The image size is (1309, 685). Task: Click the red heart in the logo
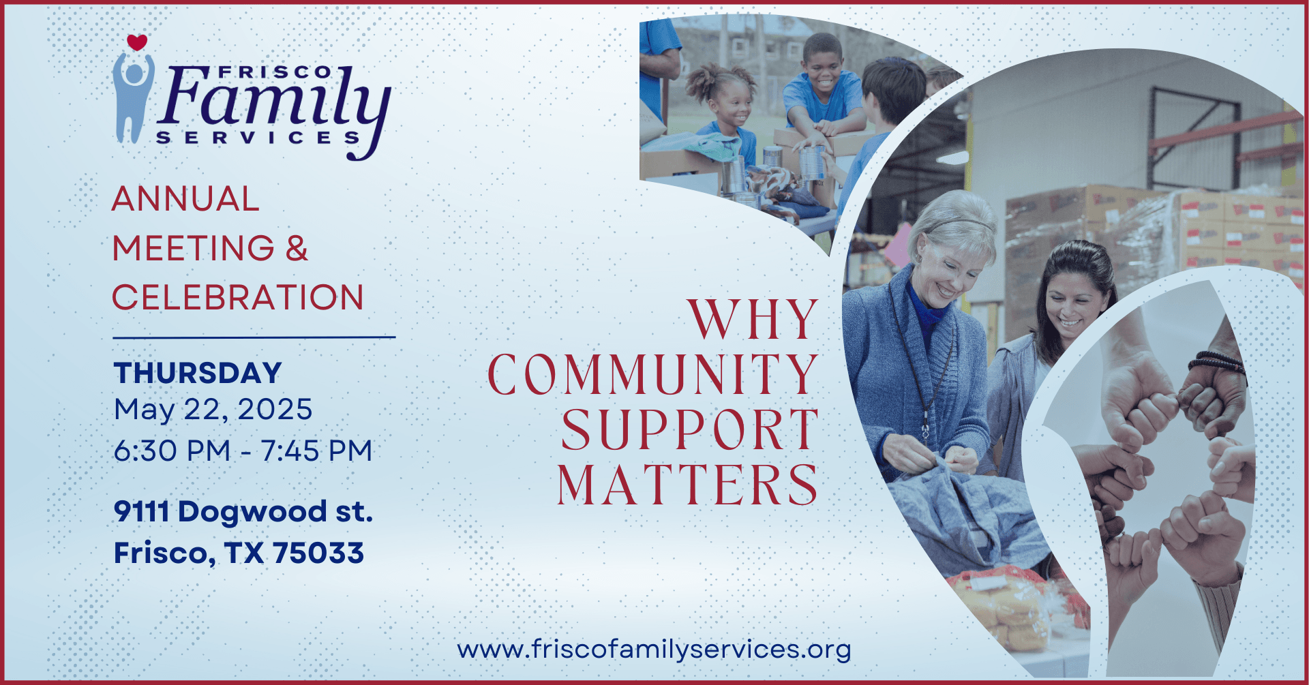click(x=137, y=42)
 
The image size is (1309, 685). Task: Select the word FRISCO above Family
click(x=275, y=72)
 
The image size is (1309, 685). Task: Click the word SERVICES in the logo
click(x=258, y=137)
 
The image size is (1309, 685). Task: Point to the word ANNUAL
click(x=185, y=199)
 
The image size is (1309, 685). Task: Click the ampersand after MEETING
click(x=297, y=248)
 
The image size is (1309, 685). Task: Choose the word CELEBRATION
click(x=238, y=298)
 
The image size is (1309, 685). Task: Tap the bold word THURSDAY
click(x=198, y=373)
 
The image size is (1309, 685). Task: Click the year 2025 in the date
click(x=275, y=410)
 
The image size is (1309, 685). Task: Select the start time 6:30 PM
click(x=172, y=451)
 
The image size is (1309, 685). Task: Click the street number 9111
click(x=141, y=512)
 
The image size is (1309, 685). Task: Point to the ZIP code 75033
click(x=318, y=553)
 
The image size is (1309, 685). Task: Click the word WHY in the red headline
click(x=753, y=319)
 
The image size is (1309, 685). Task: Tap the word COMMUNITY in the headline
click(x=653, y=374)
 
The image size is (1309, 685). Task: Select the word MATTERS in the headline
click(x=688, y=485)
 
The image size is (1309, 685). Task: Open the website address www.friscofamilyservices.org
click(x=654, y=649)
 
